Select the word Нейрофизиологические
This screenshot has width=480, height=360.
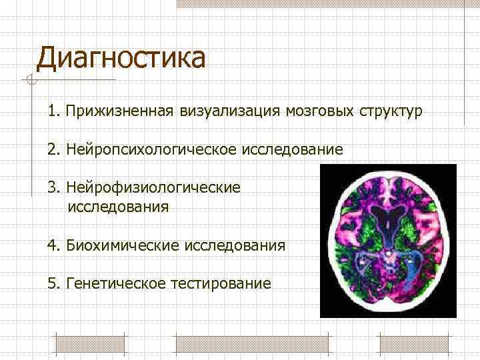coord(153,187)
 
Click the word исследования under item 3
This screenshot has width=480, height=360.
coord(118,206)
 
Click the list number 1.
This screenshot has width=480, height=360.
coord(52,110)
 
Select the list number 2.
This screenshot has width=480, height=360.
coord(52,149)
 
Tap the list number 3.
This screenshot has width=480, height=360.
coord(52,187)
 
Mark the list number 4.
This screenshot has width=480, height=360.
coord(52,245)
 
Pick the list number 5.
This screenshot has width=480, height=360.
coord(52,284)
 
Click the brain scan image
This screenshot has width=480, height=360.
coord(387,241)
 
